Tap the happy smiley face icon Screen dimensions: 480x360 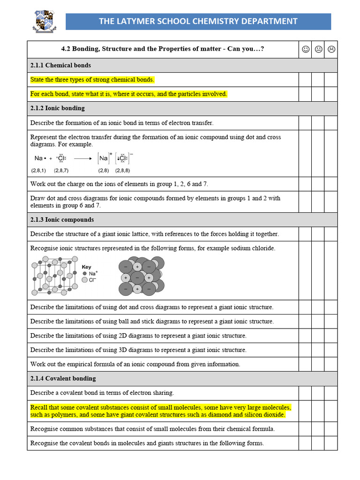pos(306,49)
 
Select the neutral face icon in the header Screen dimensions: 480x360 pos(318,49)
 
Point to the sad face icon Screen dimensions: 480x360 pos(331,49)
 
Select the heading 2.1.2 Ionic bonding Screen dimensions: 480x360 pos(58,108)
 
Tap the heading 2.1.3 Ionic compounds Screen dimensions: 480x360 pos(62,219)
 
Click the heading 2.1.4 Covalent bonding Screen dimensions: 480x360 pos(63,378)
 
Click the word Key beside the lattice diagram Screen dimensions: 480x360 pos(87,267)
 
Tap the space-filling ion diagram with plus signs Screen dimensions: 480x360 pos(141,277)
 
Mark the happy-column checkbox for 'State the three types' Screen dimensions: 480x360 pos(306,80)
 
